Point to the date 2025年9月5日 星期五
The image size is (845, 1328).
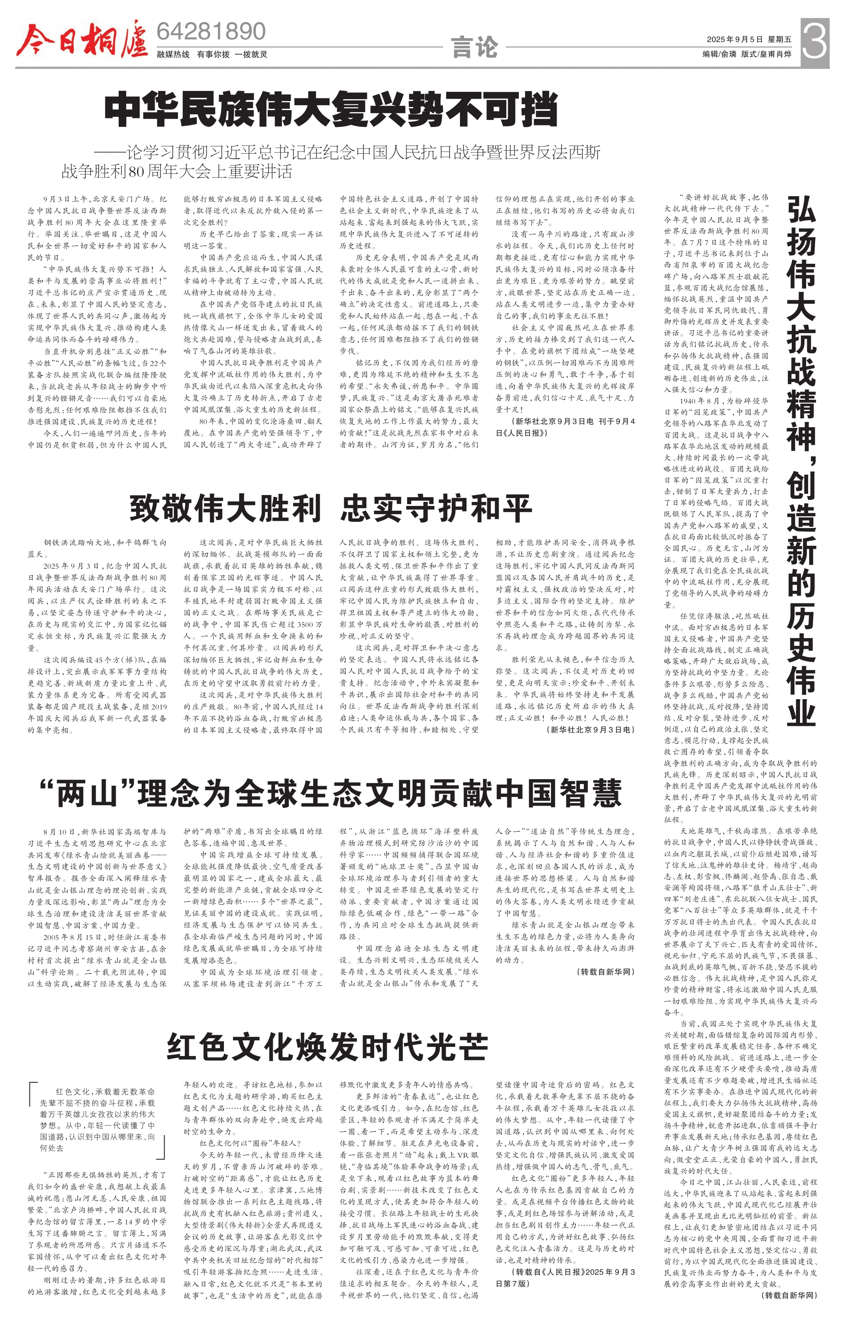click(x=749, y=40)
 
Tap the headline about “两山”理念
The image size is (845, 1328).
click(x=330, y=793)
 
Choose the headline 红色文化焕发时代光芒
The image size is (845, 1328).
click(x=327, y=1046)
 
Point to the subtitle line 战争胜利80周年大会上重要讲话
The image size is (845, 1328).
click(x=177, y=172)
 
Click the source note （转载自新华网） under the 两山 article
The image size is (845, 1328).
click(x=605, y=972)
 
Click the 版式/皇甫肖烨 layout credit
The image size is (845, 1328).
click(x=767, y=54)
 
